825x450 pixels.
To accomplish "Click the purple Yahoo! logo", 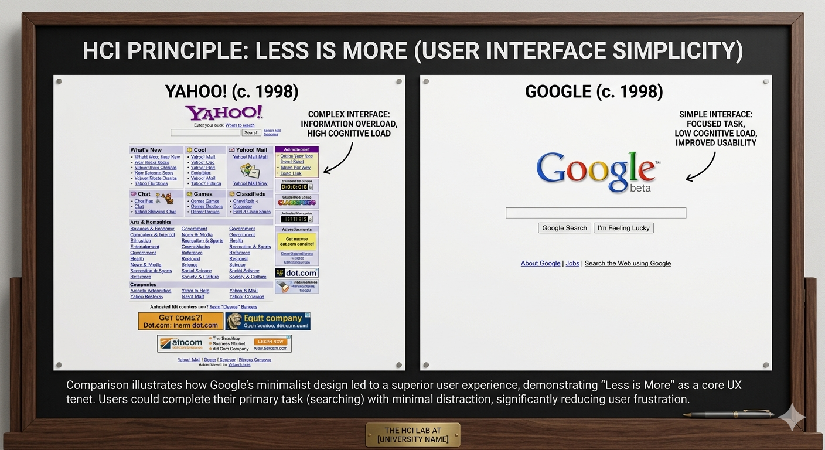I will pyautogui.click(x=224, y=113).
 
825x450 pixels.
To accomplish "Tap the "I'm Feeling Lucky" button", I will pyautogui.click(x=623, y=228).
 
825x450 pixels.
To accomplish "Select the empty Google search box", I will pyautogui.click(x=595, y=213).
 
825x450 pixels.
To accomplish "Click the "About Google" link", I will pyautogui.click(x=540, y=264).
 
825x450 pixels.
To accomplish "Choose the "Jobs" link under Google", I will pyautogui.click(x=572, y=264).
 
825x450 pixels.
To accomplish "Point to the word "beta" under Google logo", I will pyautogui.click(x=640, y=189).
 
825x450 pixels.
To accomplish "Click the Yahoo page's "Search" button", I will pyautogui.click(x=251, y=133).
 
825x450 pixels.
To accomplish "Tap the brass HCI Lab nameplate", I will pyautogui.click(x=412, y=435).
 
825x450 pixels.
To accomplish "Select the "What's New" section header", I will pyautogui.click(x=146, y=150).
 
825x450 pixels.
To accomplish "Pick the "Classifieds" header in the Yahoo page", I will pyautogui.click(x=251, y=194).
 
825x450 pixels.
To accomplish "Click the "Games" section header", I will pyautogui.click(x=203, y=194).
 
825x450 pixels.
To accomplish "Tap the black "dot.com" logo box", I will pyautogui.click(x=296, y=273).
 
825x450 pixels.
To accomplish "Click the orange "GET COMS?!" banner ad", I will pyautogui.click(x=180, y=321).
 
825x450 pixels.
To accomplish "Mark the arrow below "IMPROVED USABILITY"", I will pyautogui.click(x=703, y=167).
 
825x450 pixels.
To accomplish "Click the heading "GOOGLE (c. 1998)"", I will pyautogui.click(x=594, y=91).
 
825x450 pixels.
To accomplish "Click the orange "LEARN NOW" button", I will pyautogui.click(x=270, y=342).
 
